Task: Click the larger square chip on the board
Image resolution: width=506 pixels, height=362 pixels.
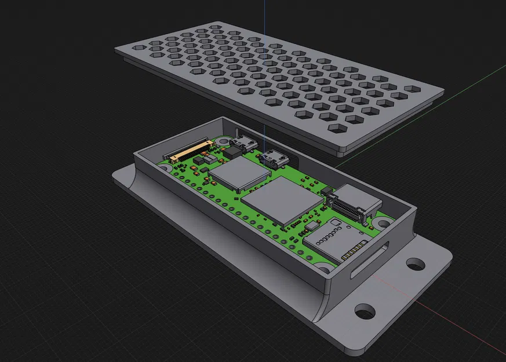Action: pos(282,200)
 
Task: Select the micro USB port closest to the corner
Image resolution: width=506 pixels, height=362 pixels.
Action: pos(242,142)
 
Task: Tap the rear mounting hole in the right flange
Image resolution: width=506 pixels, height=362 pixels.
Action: pos(415,265)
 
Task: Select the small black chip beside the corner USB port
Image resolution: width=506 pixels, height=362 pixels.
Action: pos(232,152)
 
